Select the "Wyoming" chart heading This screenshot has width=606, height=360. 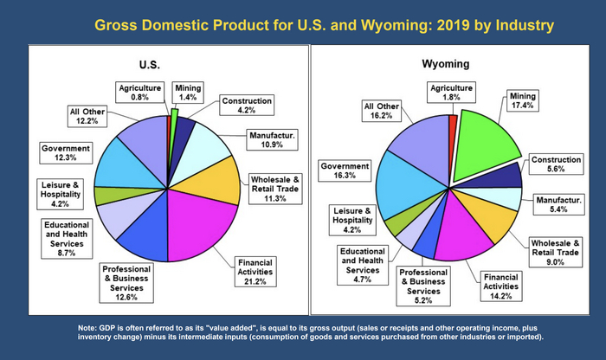click(x=446, y=65)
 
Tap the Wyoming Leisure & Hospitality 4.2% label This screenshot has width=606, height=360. click(x=351, y=220)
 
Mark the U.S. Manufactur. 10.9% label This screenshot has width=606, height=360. click(x=274, y=140)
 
